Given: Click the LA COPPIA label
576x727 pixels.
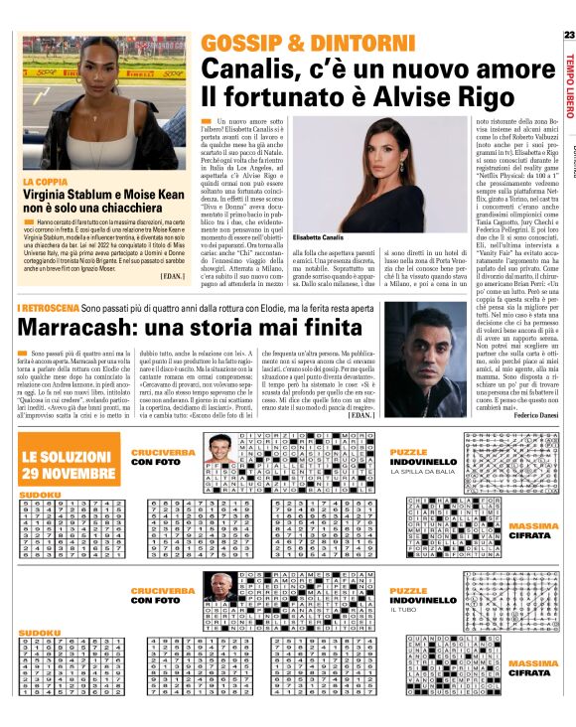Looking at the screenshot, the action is (46, 183).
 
